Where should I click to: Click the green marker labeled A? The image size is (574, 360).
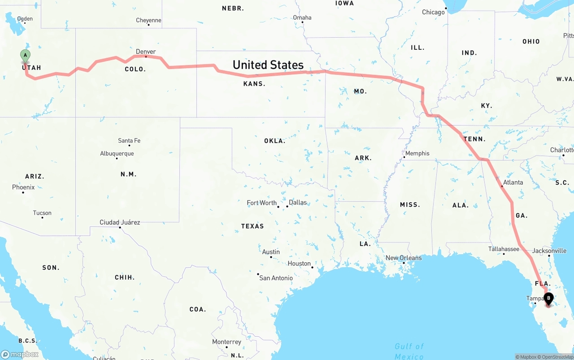26,56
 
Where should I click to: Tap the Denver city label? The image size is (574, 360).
146,52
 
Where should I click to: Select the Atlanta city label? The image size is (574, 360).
513,182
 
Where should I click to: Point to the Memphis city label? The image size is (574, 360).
417,153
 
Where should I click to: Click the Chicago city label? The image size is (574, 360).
433,12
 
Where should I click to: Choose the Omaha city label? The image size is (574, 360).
302,18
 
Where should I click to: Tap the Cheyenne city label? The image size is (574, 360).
148,20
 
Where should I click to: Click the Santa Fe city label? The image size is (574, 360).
129,141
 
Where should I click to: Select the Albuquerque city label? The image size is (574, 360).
117,154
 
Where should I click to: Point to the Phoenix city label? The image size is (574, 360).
23,187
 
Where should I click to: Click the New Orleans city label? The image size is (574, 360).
404,258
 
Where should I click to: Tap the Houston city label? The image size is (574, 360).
299,264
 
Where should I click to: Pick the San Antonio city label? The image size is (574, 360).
276,278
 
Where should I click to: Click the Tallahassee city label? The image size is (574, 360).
504,249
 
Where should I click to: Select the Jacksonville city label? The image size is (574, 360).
550,251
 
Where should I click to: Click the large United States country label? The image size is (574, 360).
268,65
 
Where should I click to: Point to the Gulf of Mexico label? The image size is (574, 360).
409,351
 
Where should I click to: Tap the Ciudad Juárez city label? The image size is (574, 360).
120,222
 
